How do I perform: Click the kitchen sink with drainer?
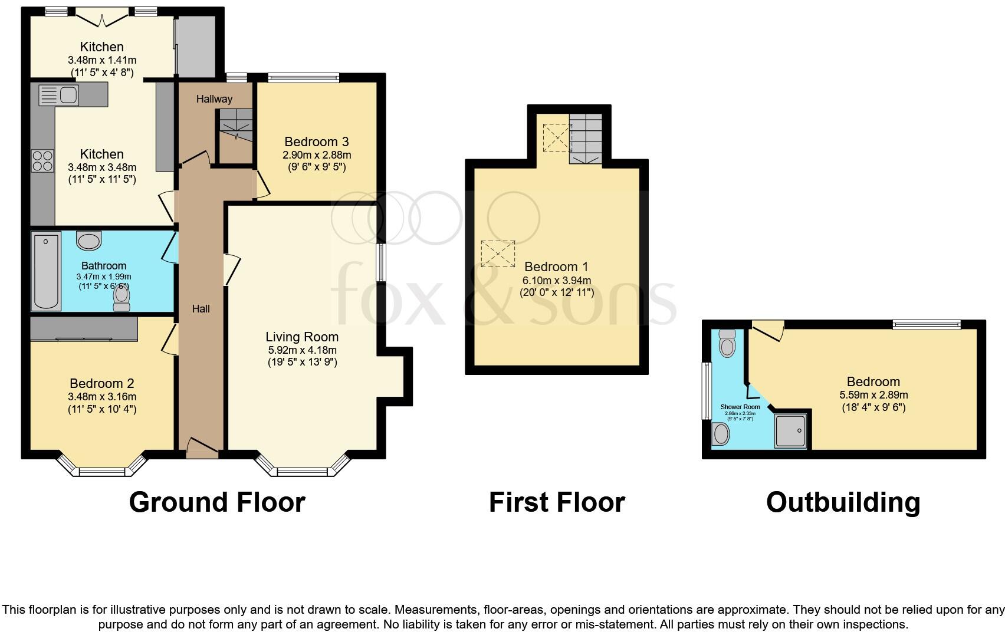58,95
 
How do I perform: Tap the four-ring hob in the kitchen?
42,160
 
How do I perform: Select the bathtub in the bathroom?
47,272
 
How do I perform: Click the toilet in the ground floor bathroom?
122,297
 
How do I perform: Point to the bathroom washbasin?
89,241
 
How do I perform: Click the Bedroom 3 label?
317,141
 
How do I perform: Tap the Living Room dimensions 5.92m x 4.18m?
302,350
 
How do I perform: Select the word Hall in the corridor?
201,308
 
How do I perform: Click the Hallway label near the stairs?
214,98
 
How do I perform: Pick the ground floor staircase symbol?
235,124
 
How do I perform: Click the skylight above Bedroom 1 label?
498,254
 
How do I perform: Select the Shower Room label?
740,407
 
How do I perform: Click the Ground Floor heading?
217,502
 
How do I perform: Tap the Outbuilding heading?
843,502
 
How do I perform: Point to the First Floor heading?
557,502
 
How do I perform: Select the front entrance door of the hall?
202,448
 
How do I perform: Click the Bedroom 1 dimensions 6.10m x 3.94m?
557,281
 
